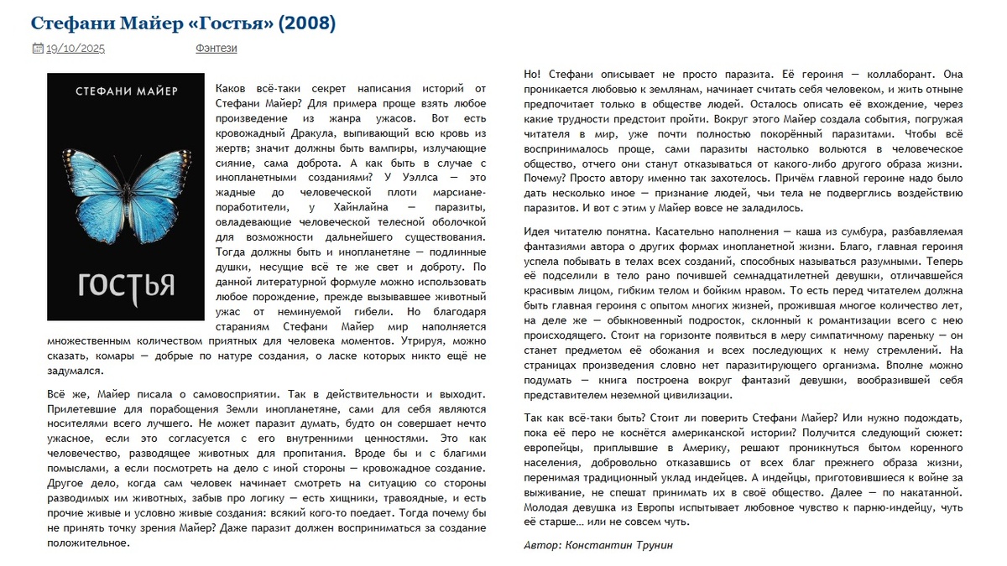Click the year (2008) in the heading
pos(306,23)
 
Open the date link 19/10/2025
pos(76,49)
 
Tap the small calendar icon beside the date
pos(37,49)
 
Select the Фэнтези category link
pos(217,49)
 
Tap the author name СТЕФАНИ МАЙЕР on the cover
pos(126,91)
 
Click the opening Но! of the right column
pos(532,74)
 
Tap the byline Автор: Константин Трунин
pos(597,545)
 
